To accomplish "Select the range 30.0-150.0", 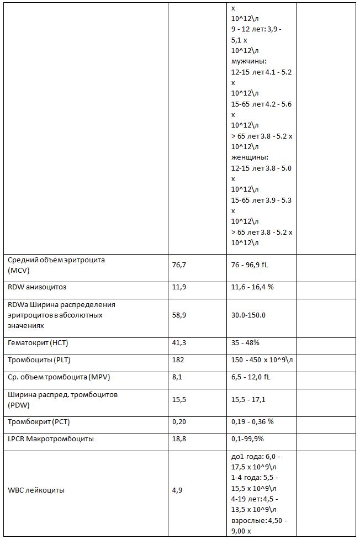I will point(248,315).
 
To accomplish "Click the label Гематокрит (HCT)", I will point(38,343).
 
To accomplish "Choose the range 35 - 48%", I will point(245,343).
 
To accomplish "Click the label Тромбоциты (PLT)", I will point(39,361).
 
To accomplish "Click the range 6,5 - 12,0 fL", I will point(251,378).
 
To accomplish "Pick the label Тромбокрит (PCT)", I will point(39,422).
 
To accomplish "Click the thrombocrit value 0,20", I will point(179,422).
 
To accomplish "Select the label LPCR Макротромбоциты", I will point(51,439).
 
